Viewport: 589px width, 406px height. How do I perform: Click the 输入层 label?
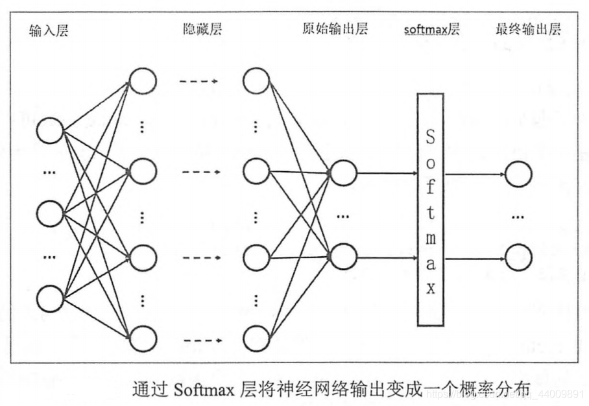pyautogui.click(x=49, y=30)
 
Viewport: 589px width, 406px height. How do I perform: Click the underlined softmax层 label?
pyautogui.click(x=431, y=30)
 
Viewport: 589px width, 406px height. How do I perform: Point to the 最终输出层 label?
pyautogui.click(x=528, y=29)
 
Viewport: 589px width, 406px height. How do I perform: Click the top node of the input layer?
pyautogui.click(x=50, y=130)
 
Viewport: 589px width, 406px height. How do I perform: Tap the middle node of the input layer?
pyautogui.click(x=50, y=213)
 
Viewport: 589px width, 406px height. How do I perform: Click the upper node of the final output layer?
pyautogui.click(x=518, y=174)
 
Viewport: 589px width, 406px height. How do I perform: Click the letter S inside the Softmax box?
pyautogui.click(x=431, y=138)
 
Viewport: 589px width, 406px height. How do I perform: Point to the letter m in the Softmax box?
pyautogui.click(x=431, y=239)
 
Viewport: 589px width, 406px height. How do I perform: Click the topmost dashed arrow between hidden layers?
pyautogui.click(x=198, y=82)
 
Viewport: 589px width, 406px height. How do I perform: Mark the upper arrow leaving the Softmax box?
pyautogui.click(x=474, y=174)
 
